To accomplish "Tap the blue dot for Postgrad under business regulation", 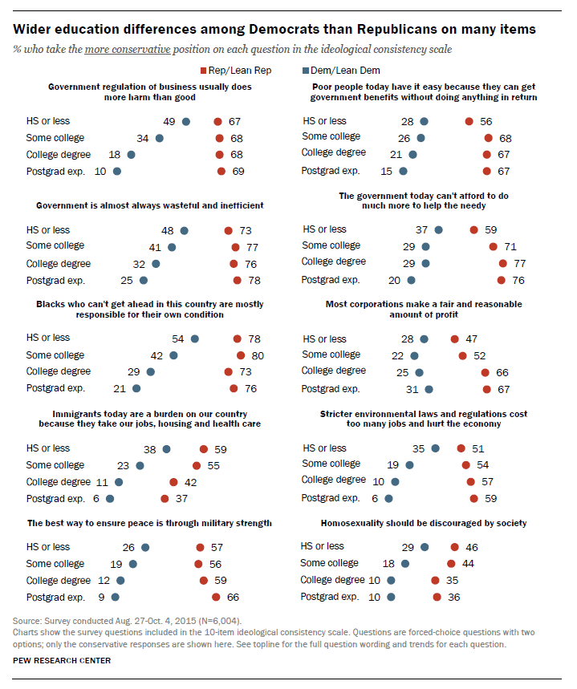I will (117, 171).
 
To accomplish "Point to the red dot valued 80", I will (239, 355).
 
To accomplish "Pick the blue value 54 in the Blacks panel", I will (179, 338).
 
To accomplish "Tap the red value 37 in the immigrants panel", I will (181, 499).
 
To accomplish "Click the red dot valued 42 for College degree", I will (173, 482).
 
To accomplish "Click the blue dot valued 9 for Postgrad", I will (115, 597).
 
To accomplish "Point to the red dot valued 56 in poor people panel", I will (469, 121).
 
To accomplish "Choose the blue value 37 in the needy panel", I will (422, 230).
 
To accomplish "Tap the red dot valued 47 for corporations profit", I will (455, 338).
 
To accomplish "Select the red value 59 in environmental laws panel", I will (490, 499).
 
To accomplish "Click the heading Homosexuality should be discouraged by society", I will (423, 523).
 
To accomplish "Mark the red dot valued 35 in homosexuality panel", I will (436, 580).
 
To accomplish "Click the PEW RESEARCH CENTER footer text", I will (62, 661).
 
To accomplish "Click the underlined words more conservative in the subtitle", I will (137, 50).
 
